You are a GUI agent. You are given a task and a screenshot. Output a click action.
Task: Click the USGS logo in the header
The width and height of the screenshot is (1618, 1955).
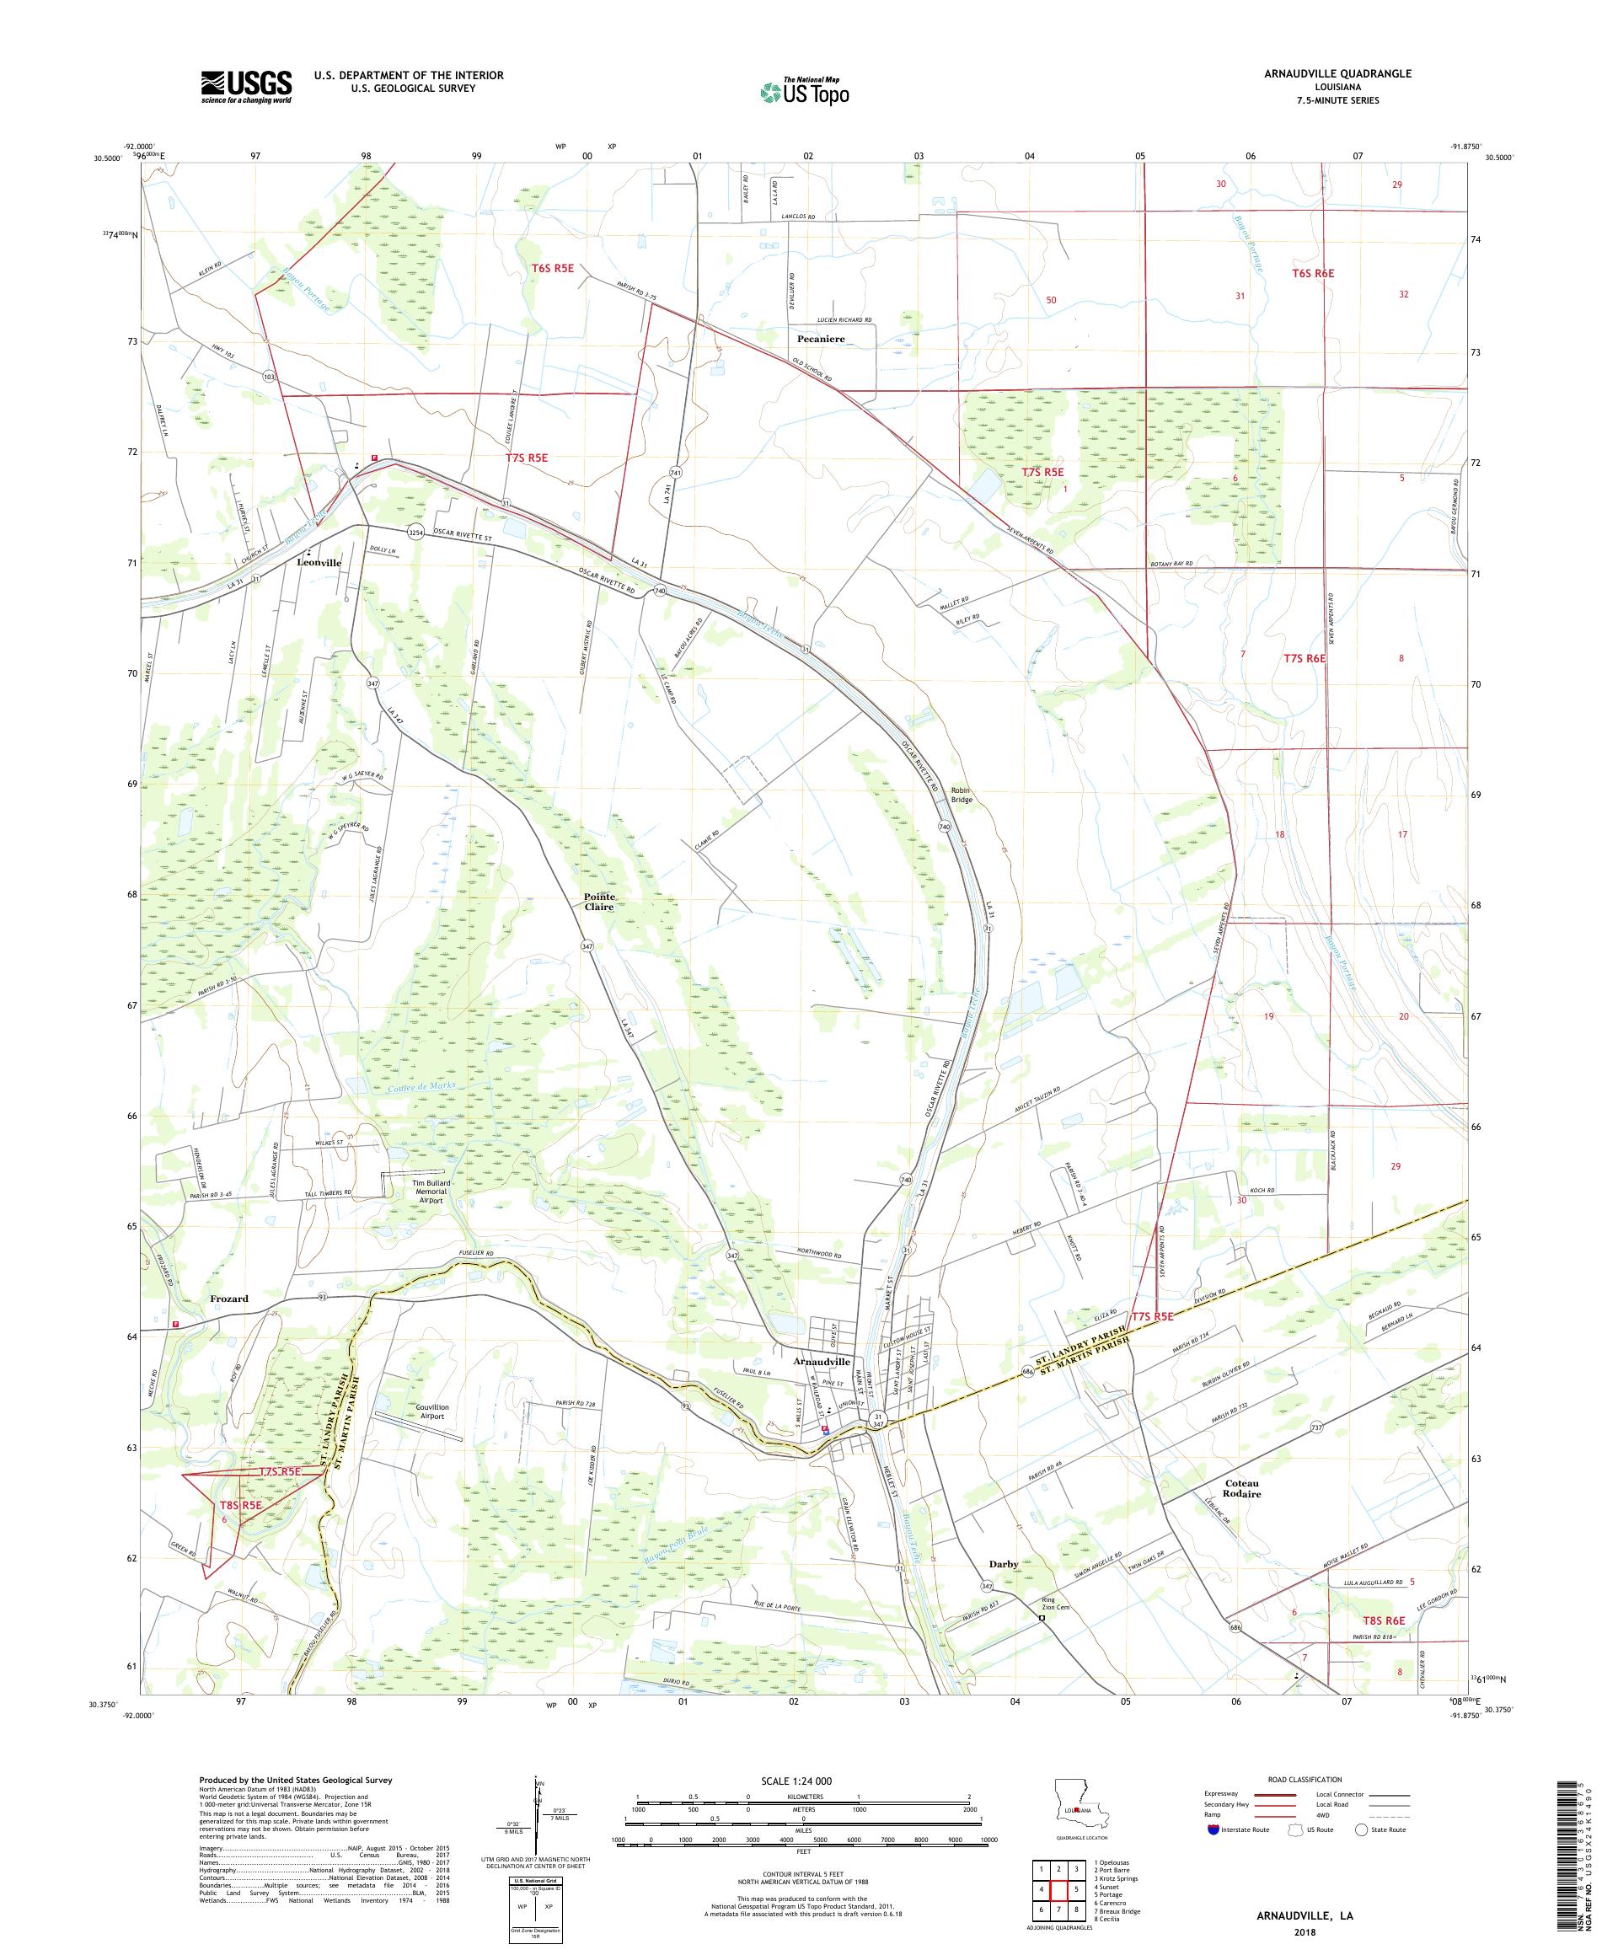click(246, 88)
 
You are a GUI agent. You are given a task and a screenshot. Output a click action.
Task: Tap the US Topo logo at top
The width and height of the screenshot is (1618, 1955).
click(806, 91)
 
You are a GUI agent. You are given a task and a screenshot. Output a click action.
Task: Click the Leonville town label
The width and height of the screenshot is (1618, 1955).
click(319, 563)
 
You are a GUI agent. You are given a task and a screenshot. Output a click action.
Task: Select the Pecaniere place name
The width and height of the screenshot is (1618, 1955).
click(820, 339)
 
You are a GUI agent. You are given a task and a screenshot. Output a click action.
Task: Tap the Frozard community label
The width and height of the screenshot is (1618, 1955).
click(228, 1298)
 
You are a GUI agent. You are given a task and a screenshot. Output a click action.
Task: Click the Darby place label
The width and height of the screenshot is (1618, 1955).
click(1004, 1564)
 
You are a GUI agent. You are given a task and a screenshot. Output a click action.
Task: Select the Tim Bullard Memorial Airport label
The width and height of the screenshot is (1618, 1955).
click(429, 1192)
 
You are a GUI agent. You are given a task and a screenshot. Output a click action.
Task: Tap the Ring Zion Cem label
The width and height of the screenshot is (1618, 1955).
click(1055, 1606)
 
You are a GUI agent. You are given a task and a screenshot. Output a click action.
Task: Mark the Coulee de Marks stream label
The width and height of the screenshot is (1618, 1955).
click(418, 1090)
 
